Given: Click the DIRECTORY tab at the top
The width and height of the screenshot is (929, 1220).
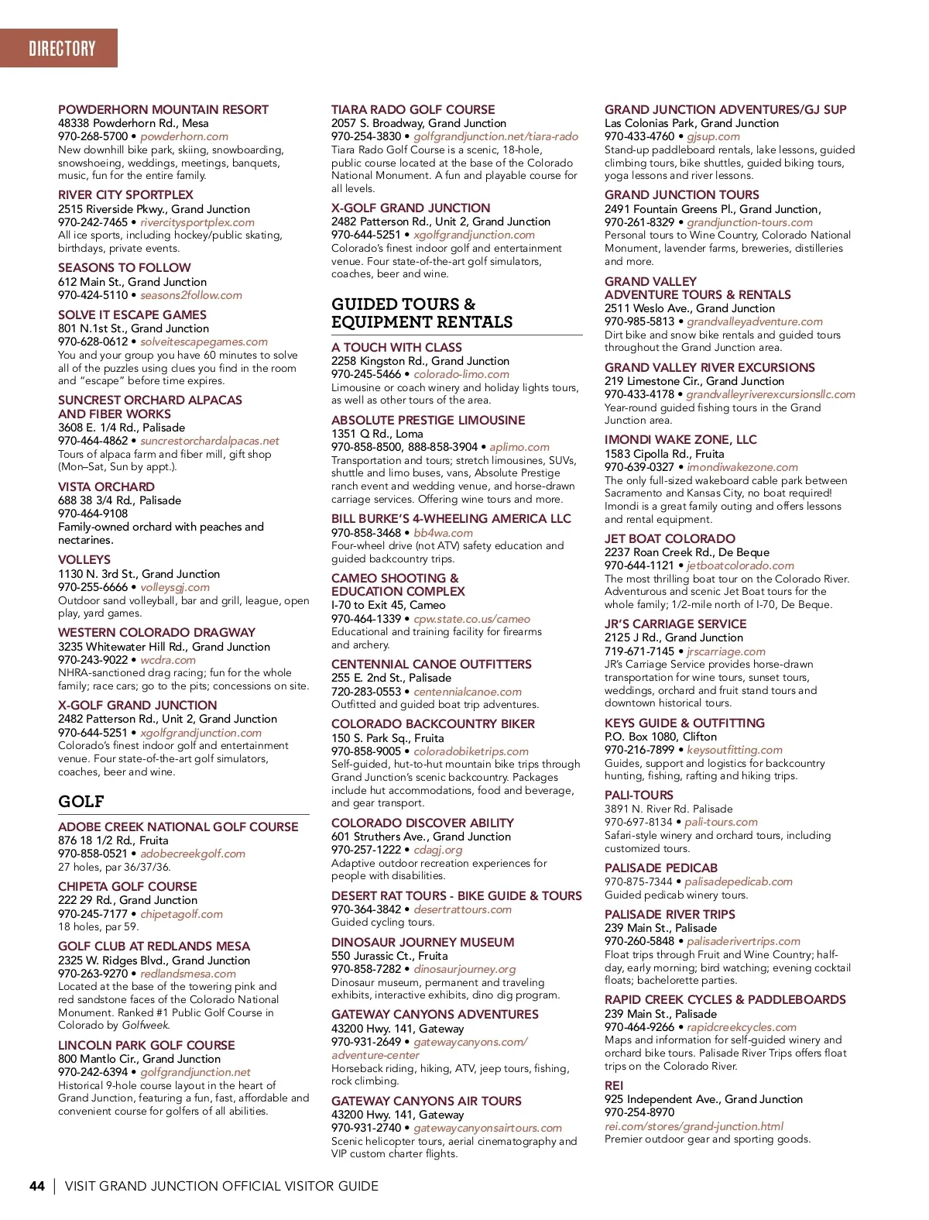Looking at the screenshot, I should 62,49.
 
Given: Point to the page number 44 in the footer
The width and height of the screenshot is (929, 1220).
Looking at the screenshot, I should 37,1186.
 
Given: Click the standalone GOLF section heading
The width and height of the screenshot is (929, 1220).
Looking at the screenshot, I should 81,802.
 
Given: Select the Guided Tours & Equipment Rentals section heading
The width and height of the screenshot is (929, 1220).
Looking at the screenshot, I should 422,313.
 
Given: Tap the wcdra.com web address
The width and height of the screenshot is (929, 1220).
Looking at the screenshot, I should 168,660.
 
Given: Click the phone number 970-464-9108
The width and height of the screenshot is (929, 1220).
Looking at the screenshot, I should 93,514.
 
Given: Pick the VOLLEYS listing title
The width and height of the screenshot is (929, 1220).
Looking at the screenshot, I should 84,559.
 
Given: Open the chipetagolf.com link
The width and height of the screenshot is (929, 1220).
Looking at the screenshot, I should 181,914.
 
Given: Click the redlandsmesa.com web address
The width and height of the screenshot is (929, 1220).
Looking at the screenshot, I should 188,974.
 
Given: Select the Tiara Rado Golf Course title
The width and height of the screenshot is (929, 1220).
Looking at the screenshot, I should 413,110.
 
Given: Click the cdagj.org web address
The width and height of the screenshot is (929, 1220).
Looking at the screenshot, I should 437,850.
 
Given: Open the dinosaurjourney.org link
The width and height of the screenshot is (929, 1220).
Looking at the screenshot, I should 464,969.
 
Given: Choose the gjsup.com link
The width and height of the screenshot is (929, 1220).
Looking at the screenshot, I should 713,136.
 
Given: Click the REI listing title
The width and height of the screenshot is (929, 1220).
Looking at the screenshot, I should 614,1086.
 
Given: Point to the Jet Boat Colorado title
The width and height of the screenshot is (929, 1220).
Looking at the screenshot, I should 670,538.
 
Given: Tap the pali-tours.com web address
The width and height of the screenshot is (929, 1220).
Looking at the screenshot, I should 721,822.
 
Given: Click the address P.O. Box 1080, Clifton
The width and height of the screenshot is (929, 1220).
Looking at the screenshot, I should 660,737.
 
